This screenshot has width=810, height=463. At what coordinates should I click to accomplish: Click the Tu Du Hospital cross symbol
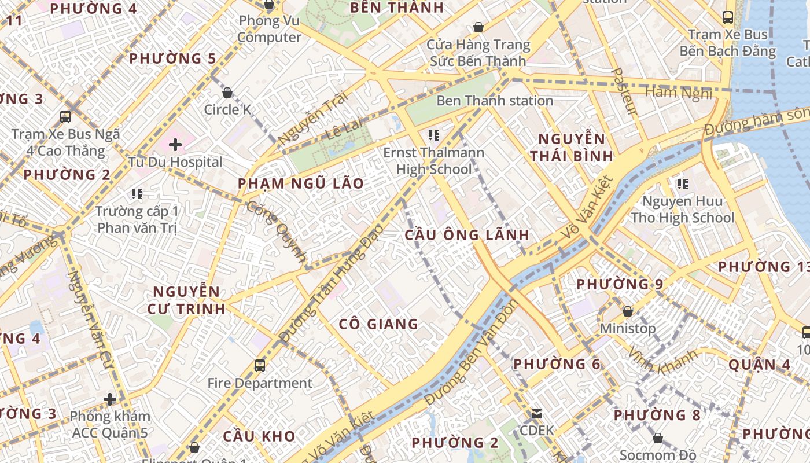[x=175, y=144]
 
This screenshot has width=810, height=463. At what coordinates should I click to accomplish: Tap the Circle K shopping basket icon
[x=227, y=93]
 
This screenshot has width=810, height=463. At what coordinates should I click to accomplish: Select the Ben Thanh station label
[x=495, y=101]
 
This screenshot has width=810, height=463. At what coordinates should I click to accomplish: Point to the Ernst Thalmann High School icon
[x=434, y=136]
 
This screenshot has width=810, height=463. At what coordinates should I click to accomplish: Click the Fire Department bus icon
[x=260, y=366]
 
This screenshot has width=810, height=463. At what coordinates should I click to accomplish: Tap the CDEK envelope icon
[x=537, y=414]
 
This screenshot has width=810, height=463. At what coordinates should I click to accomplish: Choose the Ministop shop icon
[x=628, y=312]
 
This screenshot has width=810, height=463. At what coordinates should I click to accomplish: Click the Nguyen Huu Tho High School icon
[x=683, y=185]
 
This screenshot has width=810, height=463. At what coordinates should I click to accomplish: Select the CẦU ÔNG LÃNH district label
[x=466, y=235]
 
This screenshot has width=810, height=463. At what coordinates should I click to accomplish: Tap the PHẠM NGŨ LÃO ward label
[x=301, y=184]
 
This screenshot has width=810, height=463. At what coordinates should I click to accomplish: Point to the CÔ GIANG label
[x=378, y=324]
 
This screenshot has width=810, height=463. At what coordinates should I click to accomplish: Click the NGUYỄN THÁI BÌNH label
[x=572, y=148]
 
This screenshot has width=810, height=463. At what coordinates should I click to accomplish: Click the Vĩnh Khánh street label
[x=662, y=361]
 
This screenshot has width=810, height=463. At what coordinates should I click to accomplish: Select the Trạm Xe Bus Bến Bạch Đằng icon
[x=728, y=17]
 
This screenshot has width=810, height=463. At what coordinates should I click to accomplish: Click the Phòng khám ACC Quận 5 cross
[x=110, y=399]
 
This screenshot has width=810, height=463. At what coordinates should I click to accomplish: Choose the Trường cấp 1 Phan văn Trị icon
[x=137, y=193]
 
